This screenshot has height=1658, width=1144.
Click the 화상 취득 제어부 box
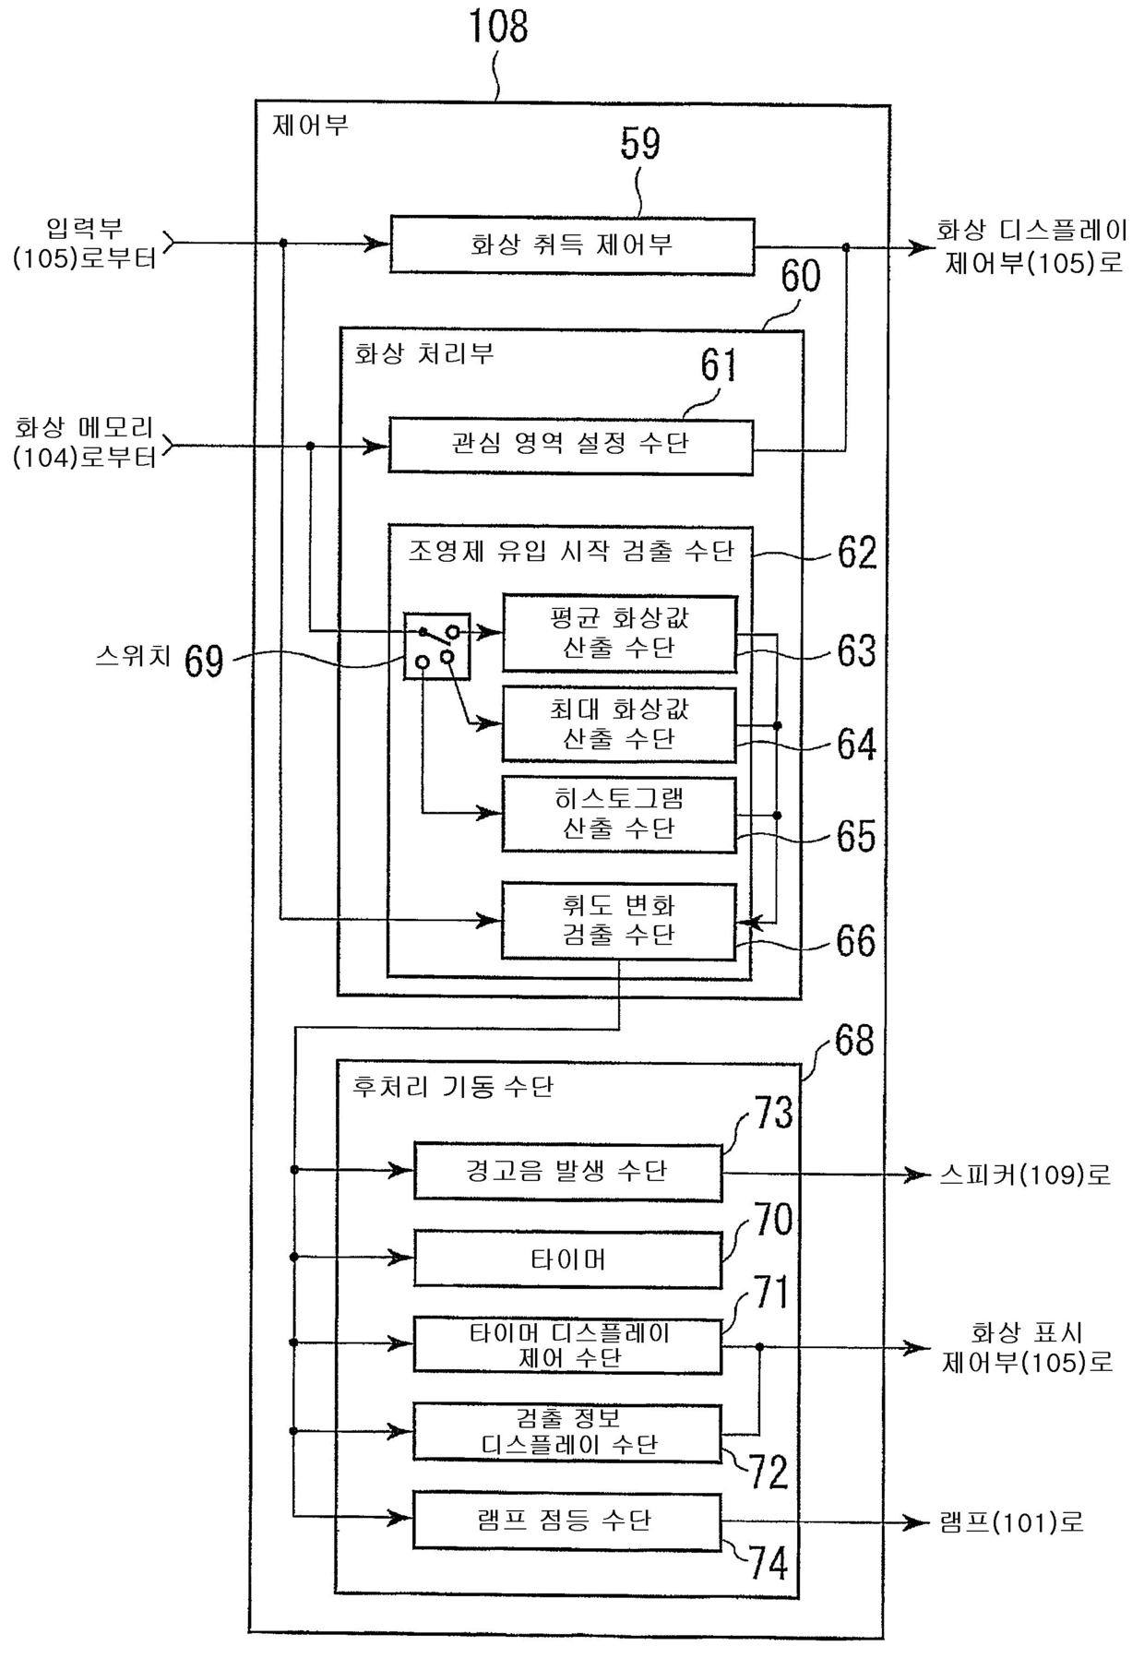click(572, 245)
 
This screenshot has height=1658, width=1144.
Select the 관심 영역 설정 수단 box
click(570, 447)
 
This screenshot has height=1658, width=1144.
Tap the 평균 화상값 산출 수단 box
click(619, 633)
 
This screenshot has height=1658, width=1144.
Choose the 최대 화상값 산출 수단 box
click(619, 724)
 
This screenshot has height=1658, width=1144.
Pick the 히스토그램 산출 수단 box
click(619, 815)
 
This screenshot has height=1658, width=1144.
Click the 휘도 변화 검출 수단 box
click(619, 921)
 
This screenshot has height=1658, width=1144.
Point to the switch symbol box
click(437, 646)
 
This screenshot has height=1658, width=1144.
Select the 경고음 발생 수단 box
click(567, 1172)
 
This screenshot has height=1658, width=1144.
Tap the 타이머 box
click(567, 1258)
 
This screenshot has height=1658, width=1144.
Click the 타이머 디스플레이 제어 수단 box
click(567, 1345)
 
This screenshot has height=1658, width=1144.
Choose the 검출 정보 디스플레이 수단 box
click(567, 1432)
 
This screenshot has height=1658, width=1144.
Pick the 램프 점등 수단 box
click(567, 1521)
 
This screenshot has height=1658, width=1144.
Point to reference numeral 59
click(640, 144)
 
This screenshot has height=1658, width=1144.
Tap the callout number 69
click(204, 661)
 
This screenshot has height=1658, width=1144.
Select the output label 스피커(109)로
click(1024, 1175)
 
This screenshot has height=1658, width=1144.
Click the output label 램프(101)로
click(1011, 1522)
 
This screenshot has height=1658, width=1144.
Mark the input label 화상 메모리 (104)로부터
click(85, 443)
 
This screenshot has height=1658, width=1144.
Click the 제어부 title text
click(310, 126)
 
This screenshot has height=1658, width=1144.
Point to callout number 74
click(769, 1563)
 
